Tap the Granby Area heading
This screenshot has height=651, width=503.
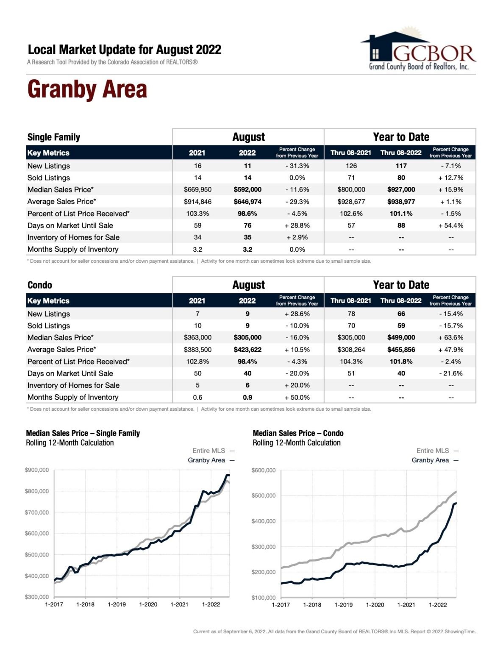point(87,89)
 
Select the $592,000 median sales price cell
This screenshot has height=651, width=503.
point(247,189)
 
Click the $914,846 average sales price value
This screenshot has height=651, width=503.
point(197,202)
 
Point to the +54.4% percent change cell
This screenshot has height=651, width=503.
point(450,225)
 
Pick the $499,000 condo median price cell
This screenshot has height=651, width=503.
point(401,338)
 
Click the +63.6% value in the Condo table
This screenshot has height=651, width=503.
point(450,338)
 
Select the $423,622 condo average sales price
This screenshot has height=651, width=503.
point(247,350)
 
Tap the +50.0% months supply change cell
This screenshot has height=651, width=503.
point(297,398)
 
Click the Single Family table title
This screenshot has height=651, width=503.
point(54,137)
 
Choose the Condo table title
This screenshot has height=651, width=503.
point(39,285)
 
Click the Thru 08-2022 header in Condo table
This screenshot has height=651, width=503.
point(401,300)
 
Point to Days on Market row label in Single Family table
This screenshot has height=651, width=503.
point(70,225)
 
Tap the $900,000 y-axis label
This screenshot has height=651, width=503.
point(37,470)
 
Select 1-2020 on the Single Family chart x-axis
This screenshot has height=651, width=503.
point(148,604)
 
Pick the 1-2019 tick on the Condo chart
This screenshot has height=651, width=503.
point(343,605)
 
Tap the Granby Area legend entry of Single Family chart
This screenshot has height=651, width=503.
point(211,460)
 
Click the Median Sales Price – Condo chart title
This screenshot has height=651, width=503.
point(298,433)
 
